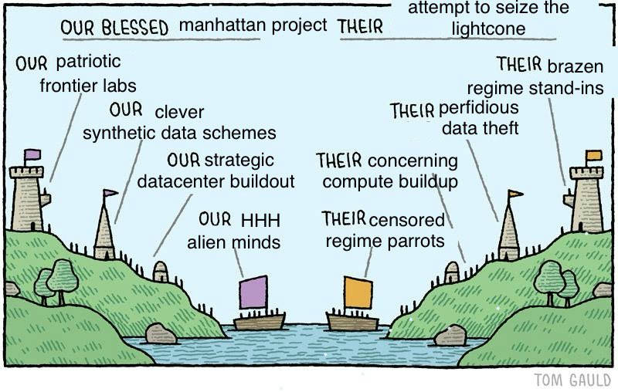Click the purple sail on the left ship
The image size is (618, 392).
(x=253, y=292)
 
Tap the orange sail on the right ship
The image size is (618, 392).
(x=358, y=292)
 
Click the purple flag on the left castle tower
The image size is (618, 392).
(x=32, y=154)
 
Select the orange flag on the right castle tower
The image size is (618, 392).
(x=594, y=155)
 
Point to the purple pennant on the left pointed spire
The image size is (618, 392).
(x=110, y=192)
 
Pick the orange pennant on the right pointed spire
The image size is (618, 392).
(x=515, y=193)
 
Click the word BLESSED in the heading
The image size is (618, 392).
(x=134, y=28)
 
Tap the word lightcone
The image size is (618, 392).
(x=488, y=29)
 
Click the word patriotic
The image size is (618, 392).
(x=88, y=62)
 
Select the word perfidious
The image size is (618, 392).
(x=478, y=107)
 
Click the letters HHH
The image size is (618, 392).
(x=260, y=221)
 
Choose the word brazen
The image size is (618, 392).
(x=576, y=66)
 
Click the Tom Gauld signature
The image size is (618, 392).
(x=572, y=380)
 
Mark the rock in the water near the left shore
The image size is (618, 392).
(x=161, y=334)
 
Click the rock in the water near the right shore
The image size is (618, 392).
(x=450, y=336)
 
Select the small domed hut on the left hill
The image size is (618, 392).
(x=161, y=272)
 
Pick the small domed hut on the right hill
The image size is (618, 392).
(x=452, y=272)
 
